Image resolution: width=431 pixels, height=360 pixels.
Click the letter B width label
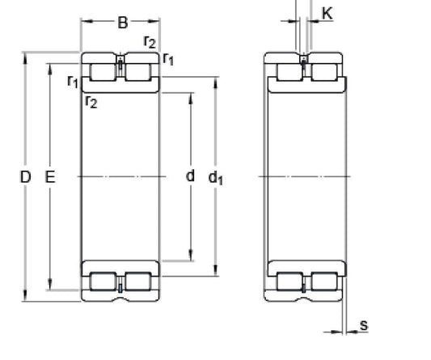pyautogui.click(x=123, y=23)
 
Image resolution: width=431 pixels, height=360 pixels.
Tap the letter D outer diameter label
pyautogui.click(x=25, y=176)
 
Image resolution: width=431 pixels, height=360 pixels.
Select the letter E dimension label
pyautogui.click(x=50, y=176)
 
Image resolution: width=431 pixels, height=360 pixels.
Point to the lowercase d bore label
pyautogui.click(x=191, y=176)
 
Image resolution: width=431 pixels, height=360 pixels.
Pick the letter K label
pyautogui.click(x=327, y=12)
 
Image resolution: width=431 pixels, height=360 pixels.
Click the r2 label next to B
pyautogui.click(x=150, y=41)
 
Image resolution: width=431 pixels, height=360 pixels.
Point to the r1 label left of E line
pyautogui.click(x=73, y=81)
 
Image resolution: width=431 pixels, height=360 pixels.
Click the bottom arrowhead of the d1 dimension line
pyautogui.click(x=216, y=271)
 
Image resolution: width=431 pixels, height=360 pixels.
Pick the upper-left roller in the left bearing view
pyautogui.click(x=103, y=71)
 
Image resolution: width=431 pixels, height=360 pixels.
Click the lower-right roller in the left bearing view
pyautogui.click(x=138, y=283)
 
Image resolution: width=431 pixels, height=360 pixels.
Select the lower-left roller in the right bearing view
pyautogui.click(x=289, y=283)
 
